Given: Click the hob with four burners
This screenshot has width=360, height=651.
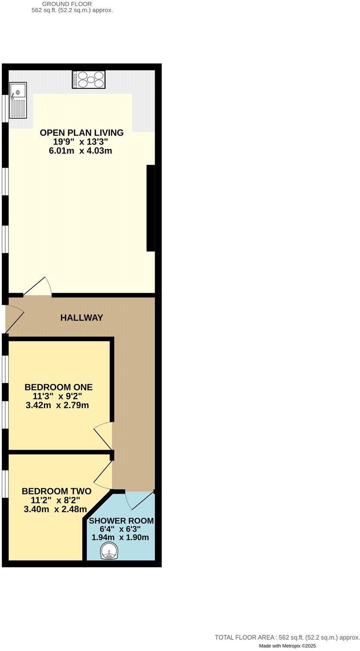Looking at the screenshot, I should point(89,80).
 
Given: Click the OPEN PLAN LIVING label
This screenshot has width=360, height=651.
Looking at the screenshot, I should point(82,133).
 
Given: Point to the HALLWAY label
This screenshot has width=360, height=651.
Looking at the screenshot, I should point(82,318).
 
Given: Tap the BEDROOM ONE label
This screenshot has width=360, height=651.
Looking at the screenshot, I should point(58,387).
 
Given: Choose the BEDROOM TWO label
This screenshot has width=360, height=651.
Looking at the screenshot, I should point(56,491).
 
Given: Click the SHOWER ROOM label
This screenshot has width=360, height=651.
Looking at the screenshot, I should point(121,521).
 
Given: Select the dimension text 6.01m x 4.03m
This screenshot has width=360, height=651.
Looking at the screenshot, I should point(82,151).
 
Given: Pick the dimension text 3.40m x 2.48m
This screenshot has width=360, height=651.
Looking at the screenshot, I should point(56,509).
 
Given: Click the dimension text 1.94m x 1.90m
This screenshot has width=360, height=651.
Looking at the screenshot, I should point(120,538).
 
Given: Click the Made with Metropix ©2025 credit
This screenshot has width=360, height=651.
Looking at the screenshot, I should point(287,646).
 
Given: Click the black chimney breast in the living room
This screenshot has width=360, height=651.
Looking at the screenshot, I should point(151,208).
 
